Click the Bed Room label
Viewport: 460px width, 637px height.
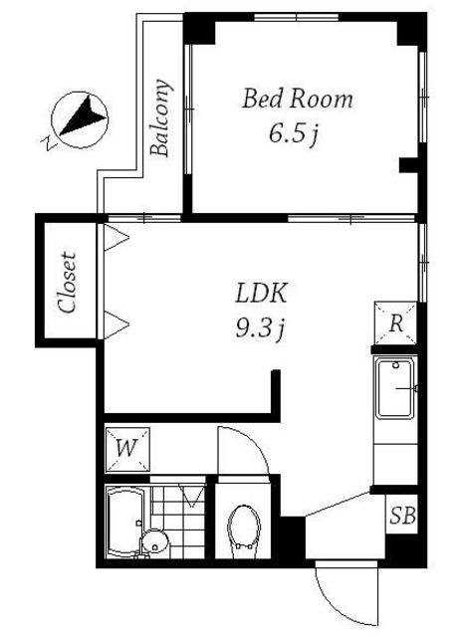point(297,100)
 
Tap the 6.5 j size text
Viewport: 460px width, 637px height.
point(294,133)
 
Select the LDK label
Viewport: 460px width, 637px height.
point(262,293)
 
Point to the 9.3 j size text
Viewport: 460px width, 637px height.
point(260,327)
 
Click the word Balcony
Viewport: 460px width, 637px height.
point(159,117)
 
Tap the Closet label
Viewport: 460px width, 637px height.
point(67,283)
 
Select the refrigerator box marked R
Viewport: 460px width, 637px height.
point(396,322)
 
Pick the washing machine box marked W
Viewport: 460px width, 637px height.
point(127,449)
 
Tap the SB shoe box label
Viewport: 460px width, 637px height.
point(402,516)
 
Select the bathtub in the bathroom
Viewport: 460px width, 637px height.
point(124,522)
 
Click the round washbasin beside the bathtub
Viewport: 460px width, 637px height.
point(154,540)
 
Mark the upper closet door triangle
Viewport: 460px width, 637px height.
point(116,237)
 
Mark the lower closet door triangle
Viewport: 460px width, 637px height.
point(116,324)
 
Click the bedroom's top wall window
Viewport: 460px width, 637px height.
point(297,17)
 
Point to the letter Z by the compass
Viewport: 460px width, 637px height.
point(48,143)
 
